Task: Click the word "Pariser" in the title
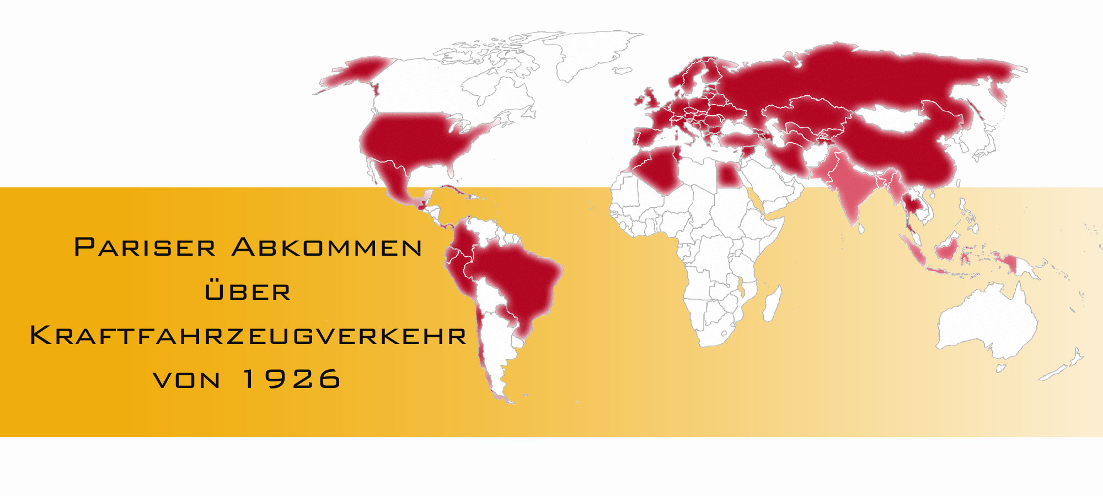144,247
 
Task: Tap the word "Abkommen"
327,247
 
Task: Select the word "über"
248,292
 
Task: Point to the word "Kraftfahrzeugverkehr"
248,336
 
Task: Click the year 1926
292,379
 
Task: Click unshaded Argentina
496,342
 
